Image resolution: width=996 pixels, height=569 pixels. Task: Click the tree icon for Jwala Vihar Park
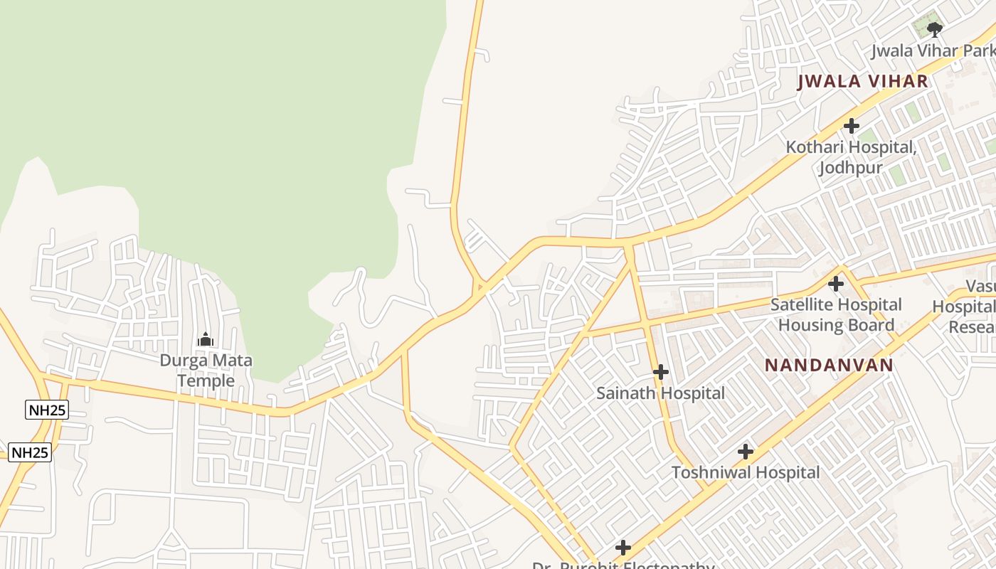(x=935, y=29)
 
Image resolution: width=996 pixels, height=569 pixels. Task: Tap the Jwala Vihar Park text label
(x=932, y=51)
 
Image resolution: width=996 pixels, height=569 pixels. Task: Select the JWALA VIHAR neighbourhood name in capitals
(x=863, y=81)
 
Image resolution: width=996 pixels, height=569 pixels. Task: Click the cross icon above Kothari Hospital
(x=851, y=126)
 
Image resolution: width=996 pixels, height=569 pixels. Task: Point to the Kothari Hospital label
(x=851, y=147)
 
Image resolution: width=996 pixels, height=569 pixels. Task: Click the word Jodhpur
(x=850, y=168)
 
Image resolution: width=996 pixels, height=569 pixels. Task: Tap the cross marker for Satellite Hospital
(x=836, y=284)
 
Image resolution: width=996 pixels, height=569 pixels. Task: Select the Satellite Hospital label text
(x=836, y=304)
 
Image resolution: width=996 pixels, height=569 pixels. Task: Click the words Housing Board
(x=836, y=325)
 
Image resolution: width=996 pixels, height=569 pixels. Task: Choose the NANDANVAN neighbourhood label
(x=829, y=366)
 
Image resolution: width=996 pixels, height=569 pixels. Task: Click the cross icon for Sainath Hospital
(x=660, y=372)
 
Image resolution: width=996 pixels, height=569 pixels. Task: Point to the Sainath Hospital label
(x=660, y=393)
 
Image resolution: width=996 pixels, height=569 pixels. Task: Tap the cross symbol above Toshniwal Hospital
(x=745, y=452)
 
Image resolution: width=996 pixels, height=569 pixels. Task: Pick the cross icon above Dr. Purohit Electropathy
(x=623, y=547)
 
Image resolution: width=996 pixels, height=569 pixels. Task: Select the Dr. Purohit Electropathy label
(x=623, y=565)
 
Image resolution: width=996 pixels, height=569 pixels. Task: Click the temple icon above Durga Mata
(x=206, y=339)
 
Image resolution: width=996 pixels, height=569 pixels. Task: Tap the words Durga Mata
(x=206, y=360)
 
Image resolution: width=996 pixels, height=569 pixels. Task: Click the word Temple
(x=206, y=381)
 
